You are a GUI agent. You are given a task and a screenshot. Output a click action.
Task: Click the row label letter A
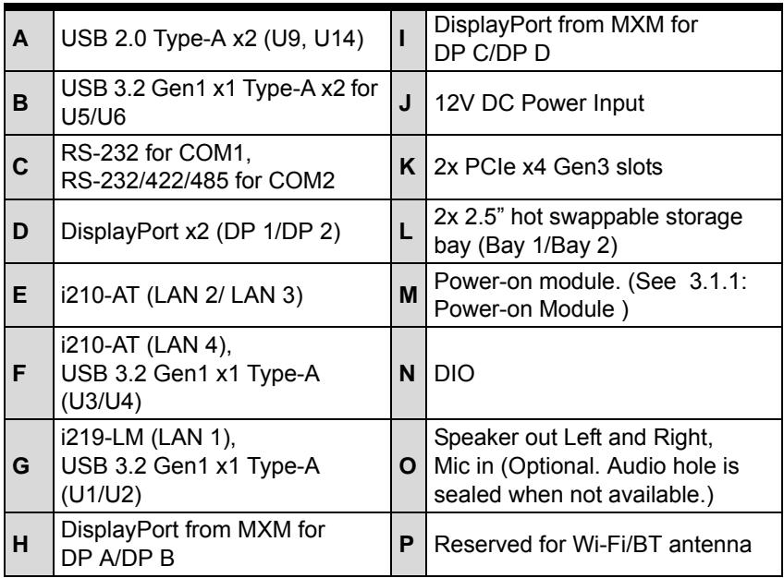coord(20,39)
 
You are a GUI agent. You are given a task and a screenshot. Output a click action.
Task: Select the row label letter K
coord(408,167)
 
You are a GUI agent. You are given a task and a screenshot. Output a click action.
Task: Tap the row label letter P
coord(407,544)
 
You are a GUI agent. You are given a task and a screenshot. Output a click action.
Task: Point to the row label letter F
coord(19,373)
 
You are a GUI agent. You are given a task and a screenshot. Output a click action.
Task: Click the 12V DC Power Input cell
coord(604,102)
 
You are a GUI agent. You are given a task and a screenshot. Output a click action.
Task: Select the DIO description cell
coord(604,373)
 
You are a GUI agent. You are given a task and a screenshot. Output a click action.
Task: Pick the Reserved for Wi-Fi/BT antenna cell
coord(604,544)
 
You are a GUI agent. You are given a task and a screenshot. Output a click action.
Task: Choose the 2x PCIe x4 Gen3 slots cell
coord(604,167)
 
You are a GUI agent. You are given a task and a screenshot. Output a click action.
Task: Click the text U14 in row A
coord(334,39)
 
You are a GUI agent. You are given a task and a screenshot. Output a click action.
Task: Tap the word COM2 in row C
coord(301,181)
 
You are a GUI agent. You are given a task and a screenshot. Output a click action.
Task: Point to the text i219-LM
coord(103,438)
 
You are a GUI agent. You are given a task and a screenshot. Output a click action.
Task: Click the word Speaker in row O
coord(470,438)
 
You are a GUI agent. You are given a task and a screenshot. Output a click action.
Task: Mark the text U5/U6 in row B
coord(93,116)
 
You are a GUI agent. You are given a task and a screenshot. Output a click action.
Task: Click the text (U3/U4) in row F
coord(101,402)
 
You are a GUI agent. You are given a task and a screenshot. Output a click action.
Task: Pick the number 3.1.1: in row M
coord(718,282)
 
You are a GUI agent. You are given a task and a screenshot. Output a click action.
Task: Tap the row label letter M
coord(408,295)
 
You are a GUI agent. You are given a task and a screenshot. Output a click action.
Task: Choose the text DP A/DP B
coord(117,558)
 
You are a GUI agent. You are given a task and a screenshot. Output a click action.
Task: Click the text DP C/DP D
coord(492,53)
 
